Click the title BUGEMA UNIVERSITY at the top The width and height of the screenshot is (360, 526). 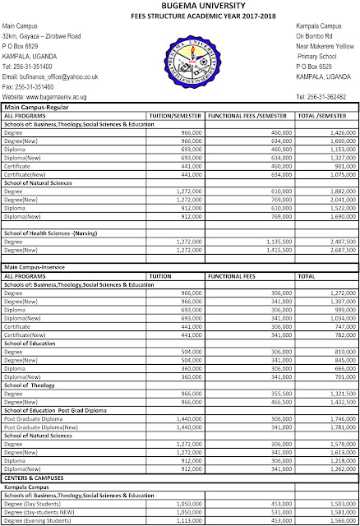tap(180, 5)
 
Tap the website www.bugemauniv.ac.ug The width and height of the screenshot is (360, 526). tap(55, 95)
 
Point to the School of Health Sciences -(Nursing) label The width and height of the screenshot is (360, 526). tap(57, 233)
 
